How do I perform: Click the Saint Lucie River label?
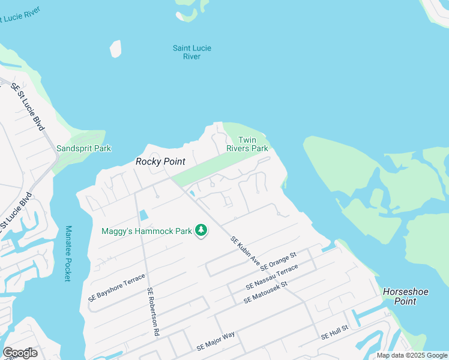point(191,52)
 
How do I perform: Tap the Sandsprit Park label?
point(83,148)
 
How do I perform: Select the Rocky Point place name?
point(160,161)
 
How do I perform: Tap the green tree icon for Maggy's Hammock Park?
point(202,230)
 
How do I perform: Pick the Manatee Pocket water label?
point(68,253)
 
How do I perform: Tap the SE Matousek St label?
point(265,292)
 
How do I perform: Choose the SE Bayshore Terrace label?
point(116,287)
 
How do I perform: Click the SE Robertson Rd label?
point(152,311)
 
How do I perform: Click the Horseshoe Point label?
point(406,296)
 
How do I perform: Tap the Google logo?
point(20,353)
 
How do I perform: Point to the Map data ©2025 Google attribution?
point(412,355)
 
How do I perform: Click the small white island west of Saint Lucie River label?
point(115,49)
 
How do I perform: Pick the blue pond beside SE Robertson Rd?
point(143,215)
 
